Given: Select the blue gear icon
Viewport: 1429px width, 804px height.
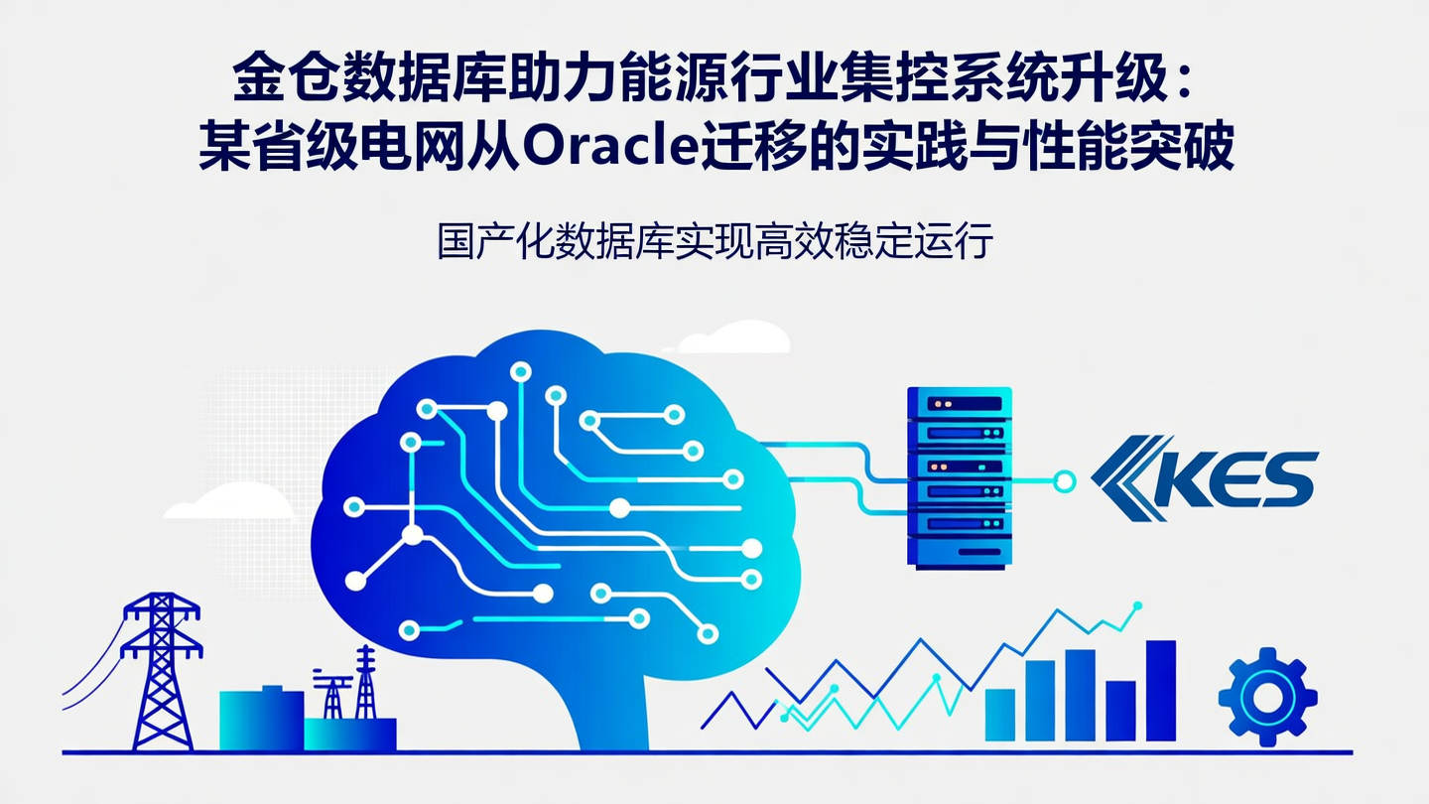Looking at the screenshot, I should [x=1267, y=696].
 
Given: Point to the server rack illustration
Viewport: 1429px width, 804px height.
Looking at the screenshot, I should [x=959, y=476].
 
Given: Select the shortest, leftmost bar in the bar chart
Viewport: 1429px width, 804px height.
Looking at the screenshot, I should [x=999, y=715].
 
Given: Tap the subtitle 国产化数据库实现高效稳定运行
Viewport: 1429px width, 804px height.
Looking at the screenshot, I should [x=714, y=241].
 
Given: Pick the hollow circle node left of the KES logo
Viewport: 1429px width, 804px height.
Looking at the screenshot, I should [x=1064, y=482].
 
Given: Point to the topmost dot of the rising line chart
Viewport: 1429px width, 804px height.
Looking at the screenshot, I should [x=1137, y=604].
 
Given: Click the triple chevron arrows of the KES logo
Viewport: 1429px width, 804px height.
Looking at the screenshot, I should [x=1126, y=478].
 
